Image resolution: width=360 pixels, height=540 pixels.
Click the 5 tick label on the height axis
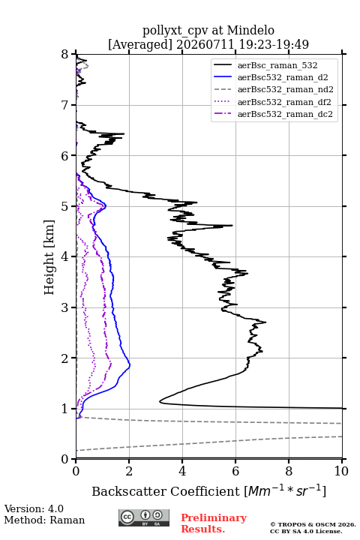[65, 206]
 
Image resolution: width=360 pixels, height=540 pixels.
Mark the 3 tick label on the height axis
[65, 307]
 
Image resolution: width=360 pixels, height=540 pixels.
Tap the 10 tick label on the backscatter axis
[341, 471]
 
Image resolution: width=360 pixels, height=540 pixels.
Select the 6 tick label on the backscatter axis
[235, 471]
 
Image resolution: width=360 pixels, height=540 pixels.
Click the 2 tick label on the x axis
[129, 471]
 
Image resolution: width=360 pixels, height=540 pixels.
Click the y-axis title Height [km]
[49, 257]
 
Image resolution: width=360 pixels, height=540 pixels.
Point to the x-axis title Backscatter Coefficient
[166, 491]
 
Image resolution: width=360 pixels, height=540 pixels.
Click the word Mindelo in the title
[250, 30]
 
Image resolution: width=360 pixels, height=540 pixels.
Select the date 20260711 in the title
[205, 44]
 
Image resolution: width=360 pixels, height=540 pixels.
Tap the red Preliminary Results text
[214, 523]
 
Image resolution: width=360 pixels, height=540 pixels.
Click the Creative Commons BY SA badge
[144, 518]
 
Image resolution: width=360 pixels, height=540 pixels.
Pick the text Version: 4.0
[34, 509]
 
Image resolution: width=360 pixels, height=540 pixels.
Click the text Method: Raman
[44, 520]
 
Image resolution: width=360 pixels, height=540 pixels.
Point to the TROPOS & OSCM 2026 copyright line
[313, 524]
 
